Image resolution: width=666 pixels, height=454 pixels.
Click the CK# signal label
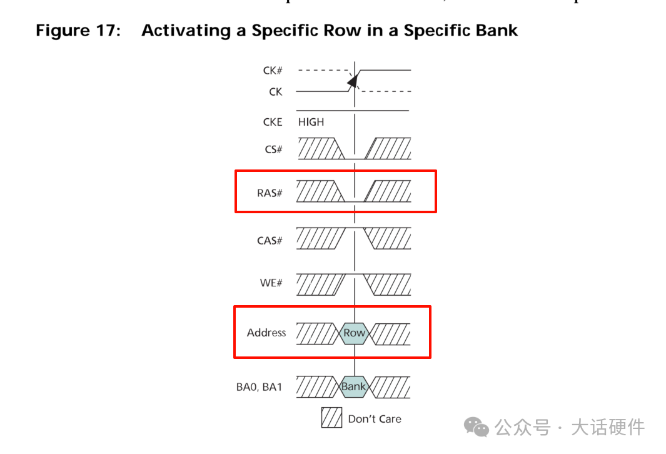[x=273, y=71]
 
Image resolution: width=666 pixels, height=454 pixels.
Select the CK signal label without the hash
[x=276, y=92]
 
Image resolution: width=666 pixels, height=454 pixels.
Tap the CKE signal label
[x=273, y=122]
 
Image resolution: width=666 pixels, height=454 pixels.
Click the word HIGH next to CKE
[x=311, y=122]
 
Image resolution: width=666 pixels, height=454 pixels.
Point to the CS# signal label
[x=273, y=149]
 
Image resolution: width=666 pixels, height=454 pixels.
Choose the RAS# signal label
[x=270, y=193]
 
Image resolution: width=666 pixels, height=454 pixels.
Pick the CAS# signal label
[x=270, y=240]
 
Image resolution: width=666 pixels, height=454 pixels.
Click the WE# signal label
[x=271, y=283]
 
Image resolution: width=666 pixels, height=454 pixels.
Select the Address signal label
[x=266, y=333]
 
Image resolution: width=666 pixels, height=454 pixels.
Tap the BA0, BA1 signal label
[x=259, y=387]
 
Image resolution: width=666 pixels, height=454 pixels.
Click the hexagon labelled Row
[x=354, y=333]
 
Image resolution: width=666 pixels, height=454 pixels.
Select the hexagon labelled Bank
[x=353, y=386]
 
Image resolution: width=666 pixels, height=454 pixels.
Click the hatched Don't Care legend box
[x=331, y=418]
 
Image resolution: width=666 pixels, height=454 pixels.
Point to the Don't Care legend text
[x=375, y=419]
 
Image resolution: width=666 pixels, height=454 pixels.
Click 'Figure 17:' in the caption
[x=78, y=30]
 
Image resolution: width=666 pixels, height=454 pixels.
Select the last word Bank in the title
[x=497, y=30]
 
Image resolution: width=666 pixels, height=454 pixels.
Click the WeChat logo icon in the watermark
[x=477, y=427]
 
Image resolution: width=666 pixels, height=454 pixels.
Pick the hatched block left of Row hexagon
[x=317, y=333]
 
